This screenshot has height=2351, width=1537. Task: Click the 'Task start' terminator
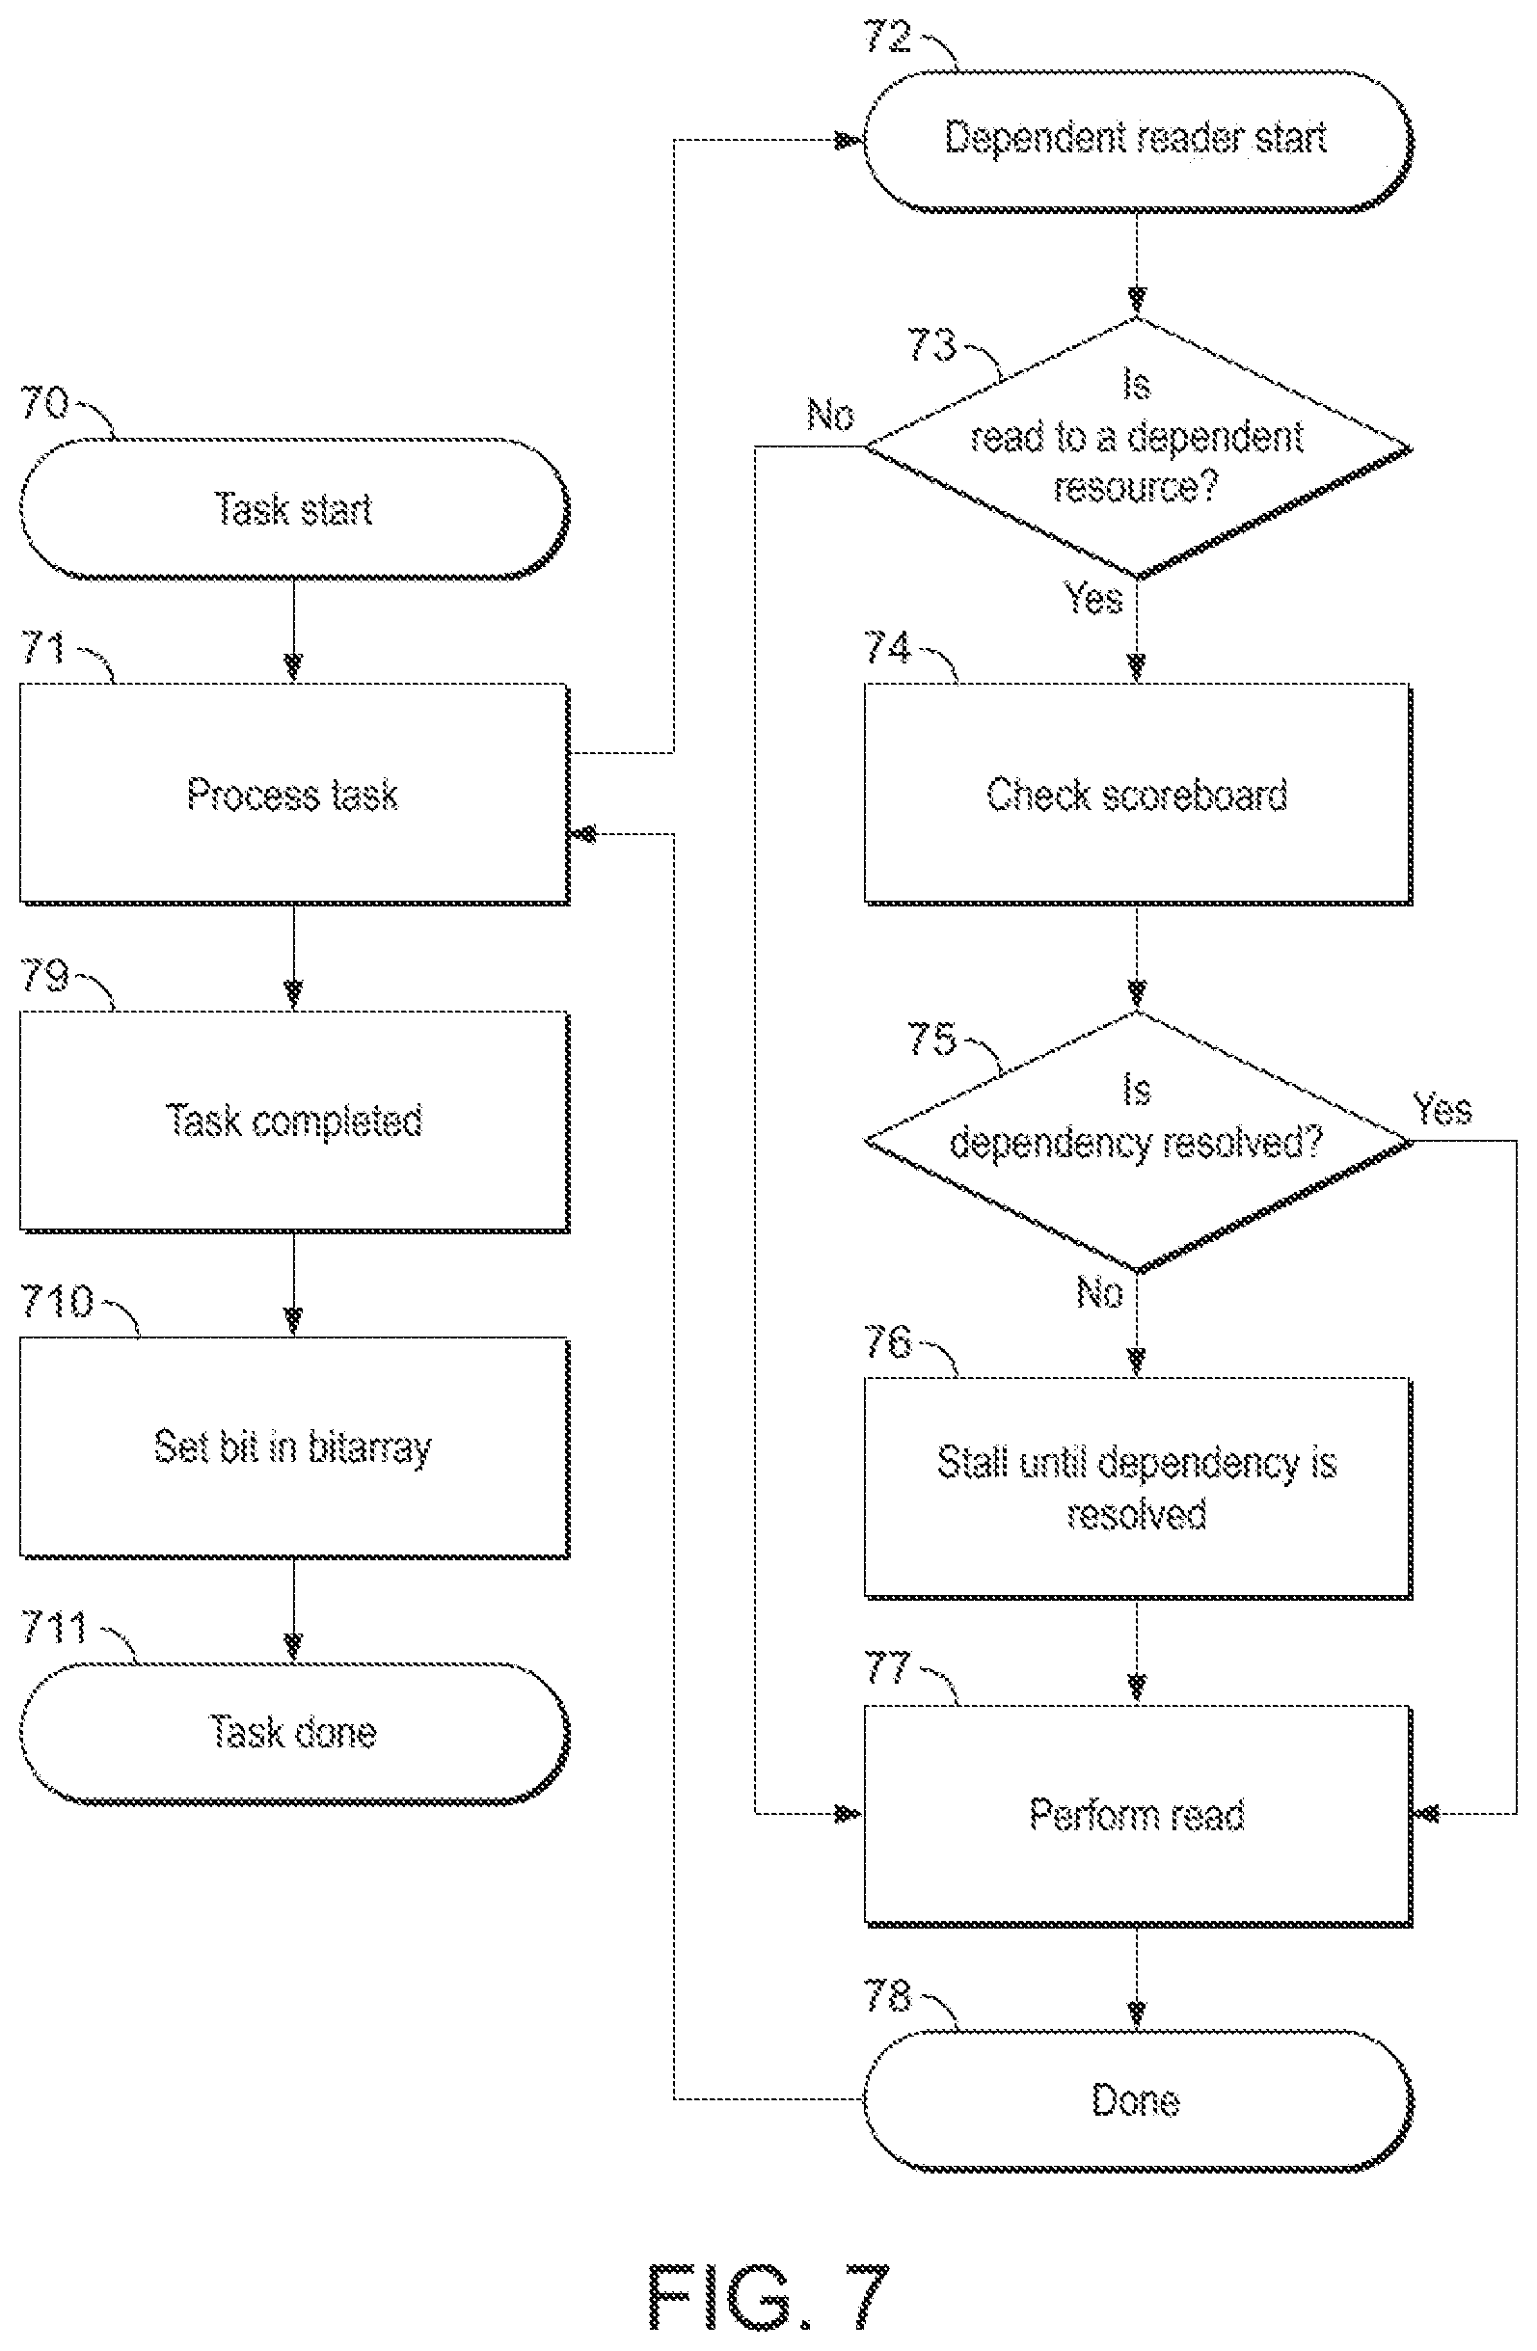[294, 509]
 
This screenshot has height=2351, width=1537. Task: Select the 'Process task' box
[294, 795]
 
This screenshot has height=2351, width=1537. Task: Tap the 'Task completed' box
[294, 1121]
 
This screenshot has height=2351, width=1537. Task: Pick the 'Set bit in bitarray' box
[294, 1448]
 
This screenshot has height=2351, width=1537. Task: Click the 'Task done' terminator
[294, 1733]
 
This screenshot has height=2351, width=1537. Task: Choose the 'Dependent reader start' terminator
[1138, 140]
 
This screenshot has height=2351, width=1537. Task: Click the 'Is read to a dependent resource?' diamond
[1138, 447]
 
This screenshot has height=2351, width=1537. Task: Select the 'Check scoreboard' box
[1138, 795]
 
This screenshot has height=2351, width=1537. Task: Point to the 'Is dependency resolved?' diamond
[1138, 1142]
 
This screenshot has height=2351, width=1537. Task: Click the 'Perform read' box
[1138, 1816]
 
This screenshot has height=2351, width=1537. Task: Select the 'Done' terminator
[1138, 2100]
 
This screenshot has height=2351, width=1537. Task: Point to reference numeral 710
[56, 1301]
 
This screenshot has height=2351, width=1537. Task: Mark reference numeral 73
[931, 345]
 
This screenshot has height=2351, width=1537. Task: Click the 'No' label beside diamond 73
[830, 415]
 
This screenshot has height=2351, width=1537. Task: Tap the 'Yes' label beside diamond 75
[1443, 1109]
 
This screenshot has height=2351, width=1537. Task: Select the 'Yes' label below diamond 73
[1092, 598]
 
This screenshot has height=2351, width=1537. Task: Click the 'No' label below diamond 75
[1098, 1292]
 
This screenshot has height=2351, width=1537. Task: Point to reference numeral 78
[887, 1995]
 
